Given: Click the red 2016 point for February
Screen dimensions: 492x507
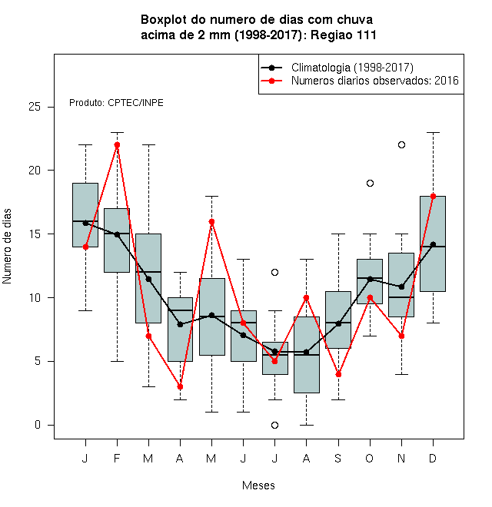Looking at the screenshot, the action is pos(117,145).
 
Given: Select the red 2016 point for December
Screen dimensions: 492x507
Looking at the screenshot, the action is pos(433,196).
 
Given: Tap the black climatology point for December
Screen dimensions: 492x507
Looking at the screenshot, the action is pos(433,244).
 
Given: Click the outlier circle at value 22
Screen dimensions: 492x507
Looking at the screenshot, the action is pos(401,145).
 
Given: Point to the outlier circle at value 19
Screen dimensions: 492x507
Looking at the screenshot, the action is pos(370,184).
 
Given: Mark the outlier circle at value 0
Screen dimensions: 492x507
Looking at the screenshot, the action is pos(274,426).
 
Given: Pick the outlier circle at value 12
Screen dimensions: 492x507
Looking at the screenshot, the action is pos(274,272).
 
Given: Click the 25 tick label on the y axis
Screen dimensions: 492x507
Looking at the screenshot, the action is pos(35,107).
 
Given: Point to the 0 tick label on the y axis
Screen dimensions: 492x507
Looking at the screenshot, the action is pos(38,425).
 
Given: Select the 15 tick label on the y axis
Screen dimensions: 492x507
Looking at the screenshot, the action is pos(35,234).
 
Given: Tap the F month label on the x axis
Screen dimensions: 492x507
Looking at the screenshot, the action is pos(117,458).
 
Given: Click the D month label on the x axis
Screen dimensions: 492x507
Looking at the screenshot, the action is pos(433,458).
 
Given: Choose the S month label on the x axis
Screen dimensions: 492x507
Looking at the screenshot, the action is pos(338,458).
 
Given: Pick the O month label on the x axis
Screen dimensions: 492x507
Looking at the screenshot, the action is pos(369,458).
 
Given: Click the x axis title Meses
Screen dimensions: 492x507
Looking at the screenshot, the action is pos(258,485).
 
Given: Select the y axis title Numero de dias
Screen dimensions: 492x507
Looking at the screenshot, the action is pos(7,247).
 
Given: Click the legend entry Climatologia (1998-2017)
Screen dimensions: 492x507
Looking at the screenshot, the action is pos(352,68).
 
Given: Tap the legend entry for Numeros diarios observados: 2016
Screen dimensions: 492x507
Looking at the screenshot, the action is pos(375,80).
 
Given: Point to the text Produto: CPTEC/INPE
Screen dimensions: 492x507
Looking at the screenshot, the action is pos(116,103).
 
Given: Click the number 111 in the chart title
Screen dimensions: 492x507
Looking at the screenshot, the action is pos(367,35).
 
